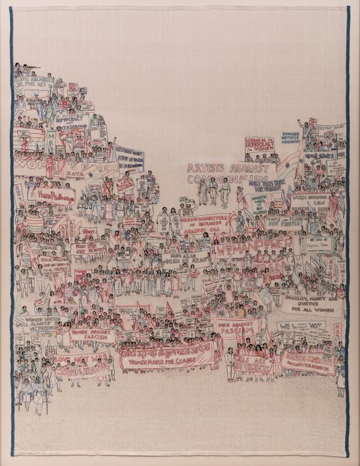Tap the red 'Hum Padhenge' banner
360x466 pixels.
54,195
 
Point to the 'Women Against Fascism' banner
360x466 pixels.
93,335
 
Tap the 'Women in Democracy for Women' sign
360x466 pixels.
259,145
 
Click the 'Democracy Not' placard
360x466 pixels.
71,123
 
